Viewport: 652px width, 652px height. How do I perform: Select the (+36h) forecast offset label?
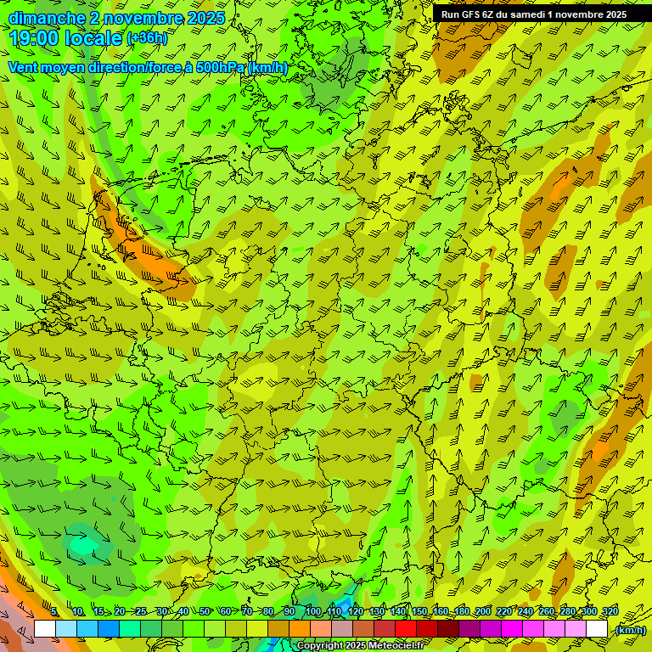(x=147, y=38)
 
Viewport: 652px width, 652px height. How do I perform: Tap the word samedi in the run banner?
(x=526, y=14)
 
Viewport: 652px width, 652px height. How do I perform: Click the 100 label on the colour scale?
(x=313, y=612)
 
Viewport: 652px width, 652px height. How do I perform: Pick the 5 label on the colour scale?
(x=53, y=612)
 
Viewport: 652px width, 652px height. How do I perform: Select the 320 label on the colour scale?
(x=609, y=612)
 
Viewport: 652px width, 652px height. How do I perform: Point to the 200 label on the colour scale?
(x=483, y=612)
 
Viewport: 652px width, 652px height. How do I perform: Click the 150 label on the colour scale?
(x=419, y=612)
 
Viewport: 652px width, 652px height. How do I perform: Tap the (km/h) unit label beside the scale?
(x=629, y=630)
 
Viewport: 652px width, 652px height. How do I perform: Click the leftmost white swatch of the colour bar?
(x=45, y=629)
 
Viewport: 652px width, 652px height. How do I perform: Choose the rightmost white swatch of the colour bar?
(x=597, y=629)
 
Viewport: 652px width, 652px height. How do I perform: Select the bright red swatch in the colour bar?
(x=406, y=629)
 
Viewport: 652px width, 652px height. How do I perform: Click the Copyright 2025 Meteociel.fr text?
(x=360, y=646)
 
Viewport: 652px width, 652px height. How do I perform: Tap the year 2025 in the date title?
(x=205, y=18)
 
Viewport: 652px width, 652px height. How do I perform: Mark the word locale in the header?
(x=94, y=38)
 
